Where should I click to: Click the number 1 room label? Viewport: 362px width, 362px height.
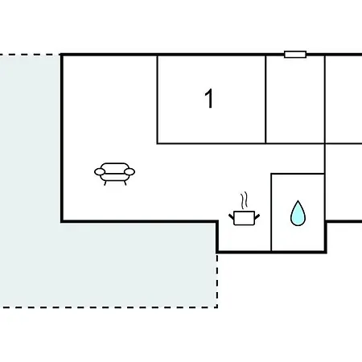[209, 99]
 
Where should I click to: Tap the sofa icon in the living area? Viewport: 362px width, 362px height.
[114, 174]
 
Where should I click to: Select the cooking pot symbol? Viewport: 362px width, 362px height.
[244, 218]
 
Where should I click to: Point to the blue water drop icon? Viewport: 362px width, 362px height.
[298, 213]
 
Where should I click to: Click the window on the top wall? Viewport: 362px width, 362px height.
[295, 55]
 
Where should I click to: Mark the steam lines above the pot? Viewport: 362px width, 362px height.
[244, 200]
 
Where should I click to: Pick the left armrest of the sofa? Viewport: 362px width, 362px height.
[100, 172]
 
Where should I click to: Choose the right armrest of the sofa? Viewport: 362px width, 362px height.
[130, 171]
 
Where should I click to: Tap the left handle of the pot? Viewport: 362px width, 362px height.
[232, 216]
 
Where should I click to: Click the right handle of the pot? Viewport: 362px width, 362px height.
[257, 216]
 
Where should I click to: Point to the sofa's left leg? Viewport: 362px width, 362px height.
[105, 183]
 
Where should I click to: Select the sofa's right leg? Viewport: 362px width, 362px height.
[125, 183]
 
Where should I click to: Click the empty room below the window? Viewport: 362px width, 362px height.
[295, 100]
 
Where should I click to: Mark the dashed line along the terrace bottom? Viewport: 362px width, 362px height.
[109, 307]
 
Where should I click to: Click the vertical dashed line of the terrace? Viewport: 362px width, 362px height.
[217, 280]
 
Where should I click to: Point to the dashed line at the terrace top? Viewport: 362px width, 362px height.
[30, 55]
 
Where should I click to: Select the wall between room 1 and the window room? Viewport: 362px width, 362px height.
[265, 99]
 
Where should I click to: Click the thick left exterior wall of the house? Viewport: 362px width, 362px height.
[62, 138]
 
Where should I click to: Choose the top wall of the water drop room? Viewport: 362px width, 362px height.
[298, 174]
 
